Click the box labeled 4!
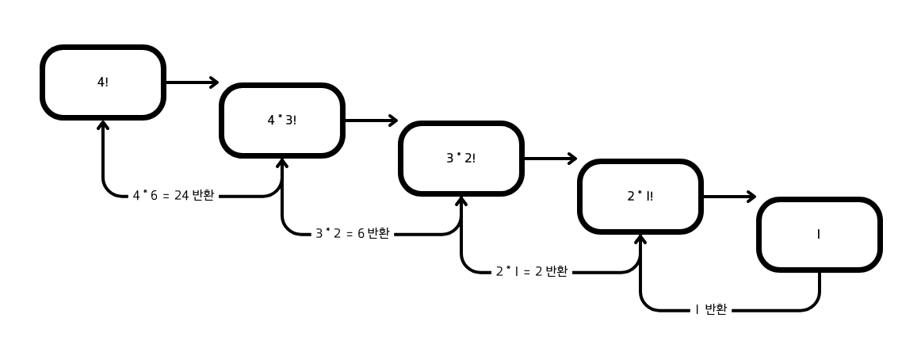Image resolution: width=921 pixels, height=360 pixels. point(103,82)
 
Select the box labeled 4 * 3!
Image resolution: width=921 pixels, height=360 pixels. point(282,121)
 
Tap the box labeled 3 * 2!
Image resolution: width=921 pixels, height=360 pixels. point(461,159)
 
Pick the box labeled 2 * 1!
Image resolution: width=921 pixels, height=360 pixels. point(640,197)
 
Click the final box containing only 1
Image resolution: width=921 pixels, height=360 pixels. point(820,235)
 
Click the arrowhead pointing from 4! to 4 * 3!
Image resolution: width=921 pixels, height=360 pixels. point(214,82)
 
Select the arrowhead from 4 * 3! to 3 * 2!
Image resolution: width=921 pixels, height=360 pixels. point(393,121)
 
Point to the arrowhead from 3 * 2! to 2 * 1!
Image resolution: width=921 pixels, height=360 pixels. point(572,159)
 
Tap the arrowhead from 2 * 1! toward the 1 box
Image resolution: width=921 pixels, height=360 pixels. point(751,197)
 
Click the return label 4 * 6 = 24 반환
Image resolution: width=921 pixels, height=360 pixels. point(173,196)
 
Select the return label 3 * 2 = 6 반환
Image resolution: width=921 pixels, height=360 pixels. point(352,234)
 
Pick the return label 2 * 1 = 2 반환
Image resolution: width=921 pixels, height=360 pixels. point(531,272)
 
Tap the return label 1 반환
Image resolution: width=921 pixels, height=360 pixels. point(711,310)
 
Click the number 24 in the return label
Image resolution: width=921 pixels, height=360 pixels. point(182,196)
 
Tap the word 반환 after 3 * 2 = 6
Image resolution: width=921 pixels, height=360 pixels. point(378,234)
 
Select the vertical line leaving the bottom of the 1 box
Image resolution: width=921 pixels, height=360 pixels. point(820,285)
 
